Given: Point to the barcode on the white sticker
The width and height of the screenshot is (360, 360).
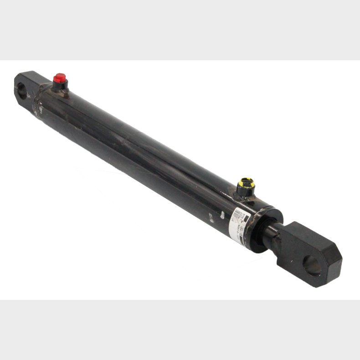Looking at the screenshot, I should click(236, 214).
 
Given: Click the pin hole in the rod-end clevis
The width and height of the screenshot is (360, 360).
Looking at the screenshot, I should click(312, 266).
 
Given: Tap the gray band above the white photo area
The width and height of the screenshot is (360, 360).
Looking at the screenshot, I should click(180, 30).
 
